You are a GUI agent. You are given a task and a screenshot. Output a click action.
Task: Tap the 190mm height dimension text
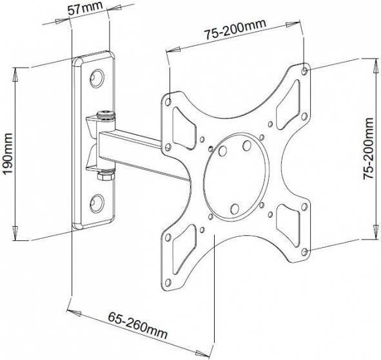[7, 153]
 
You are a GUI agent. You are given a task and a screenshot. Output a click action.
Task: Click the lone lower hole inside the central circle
[235, 208]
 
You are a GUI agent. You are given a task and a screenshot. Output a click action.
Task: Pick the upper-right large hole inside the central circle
[246, 146]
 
